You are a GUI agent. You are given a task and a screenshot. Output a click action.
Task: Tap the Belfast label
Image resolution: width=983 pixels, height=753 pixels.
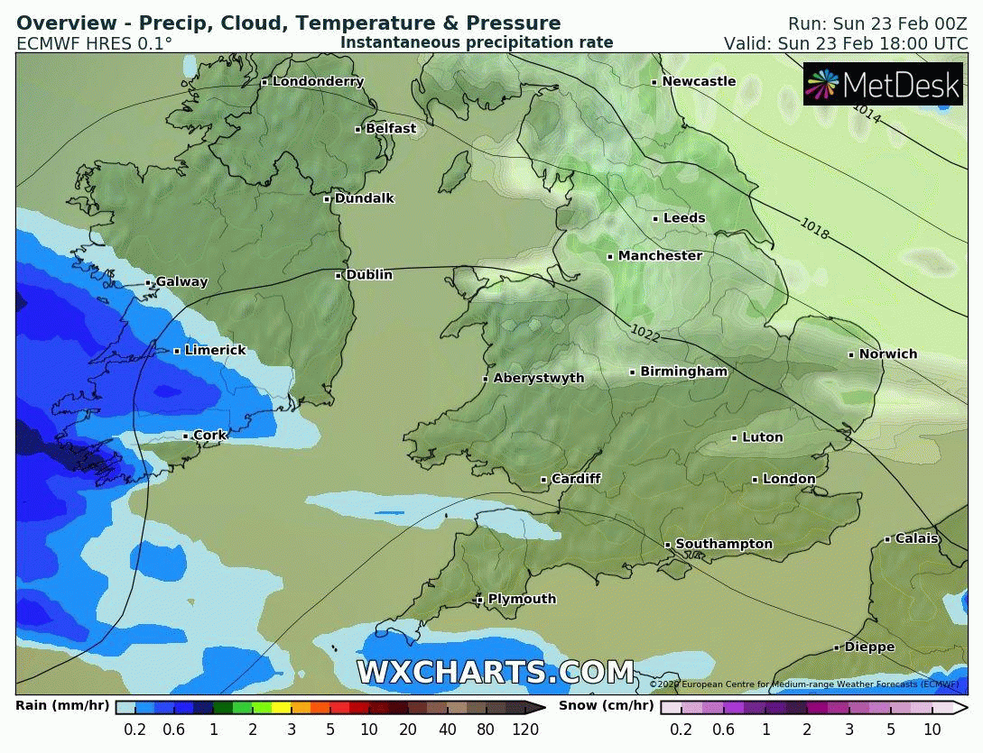pos(390,129)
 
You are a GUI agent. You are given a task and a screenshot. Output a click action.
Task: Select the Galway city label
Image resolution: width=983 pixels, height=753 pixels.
pos(181,282)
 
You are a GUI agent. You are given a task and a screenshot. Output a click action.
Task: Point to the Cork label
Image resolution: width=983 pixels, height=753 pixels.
pos(210,436)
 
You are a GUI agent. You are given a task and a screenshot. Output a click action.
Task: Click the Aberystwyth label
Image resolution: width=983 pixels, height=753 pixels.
pos(539,379)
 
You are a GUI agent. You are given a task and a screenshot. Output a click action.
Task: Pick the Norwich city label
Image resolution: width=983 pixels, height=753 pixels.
pos(887,354)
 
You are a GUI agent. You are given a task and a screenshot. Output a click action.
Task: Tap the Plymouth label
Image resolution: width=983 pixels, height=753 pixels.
pos(522,600)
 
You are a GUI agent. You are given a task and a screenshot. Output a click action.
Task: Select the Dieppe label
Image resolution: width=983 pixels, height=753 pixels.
pos(869,647)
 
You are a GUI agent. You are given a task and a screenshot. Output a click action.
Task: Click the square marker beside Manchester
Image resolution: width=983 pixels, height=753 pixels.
pos(610,257)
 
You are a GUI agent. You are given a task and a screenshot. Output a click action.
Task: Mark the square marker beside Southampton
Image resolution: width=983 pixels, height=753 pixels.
pos(668,545)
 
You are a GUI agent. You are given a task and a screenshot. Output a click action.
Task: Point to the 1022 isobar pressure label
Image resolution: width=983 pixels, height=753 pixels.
pos(646,332)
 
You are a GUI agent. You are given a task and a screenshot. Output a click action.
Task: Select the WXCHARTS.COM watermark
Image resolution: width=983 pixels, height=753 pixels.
pos(495,673)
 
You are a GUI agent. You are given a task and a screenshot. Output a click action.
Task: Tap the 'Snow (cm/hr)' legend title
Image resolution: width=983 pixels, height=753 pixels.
pos(607,706)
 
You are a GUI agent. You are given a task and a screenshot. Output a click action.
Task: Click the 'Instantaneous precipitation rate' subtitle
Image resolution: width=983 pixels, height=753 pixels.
pos(477,42)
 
